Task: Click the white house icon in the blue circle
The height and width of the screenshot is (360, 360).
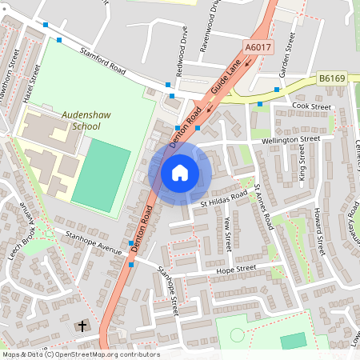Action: pos(180,172)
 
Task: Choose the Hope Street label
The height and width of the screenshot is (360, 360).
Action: pos(235,270)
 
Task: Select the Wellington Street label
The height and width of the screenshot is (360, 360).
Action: pos(284,140)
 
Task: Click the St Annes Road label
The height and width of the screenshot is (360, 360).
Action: pos(265,208)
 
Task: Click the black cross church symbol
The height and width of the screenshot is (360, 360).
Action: pos(82,326)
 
